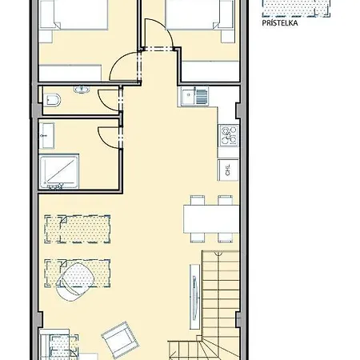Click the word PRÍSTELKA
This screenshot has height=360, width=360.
tap(280, 23)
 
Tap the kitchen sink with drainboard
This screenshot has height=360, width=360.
tap(195, 97)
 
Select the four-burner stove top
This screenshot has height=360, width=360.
tap(229, 135)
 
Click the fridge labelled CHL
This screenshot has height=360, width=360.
tap(228, 170)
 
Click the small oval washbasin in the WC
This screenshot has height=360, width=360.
tap(82, 90)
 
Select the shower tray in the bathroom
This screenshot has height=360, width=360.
tap(59, 171)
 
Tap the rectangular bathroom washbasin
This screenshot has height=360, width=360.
tap(47, 136)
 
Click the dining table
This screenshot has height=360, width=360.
tap(211, 218)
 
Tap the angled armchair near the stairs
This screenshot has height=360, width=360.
tap(121, 340)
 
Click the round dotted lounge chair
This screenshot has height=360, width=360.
tap(75, 282)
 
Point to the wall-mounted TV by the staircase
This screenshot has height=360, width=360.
tap(195, 297)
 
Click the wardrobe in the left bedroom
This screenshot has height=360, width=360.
tap(70, 73)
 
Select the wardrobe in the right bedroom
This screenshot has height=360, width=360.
tap(210, 71)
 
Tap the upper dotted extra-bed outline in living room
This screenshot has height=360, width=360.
tap(78, 229)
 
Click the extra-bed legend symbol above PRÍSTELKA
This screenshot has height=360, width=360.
tap(296, 8)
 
